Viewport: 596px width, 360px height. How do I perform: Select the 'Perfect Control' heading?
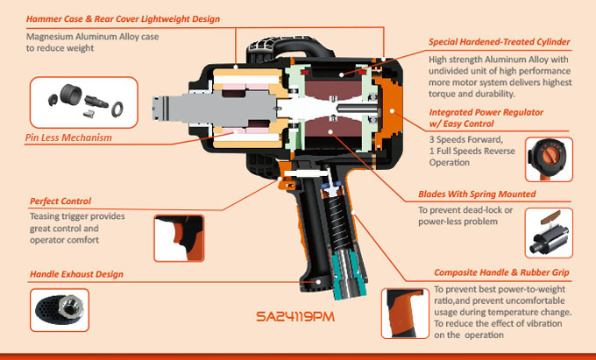(x=60, y=201)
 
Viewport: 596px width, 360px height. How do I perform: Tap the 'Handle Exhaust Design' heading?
(x=75, y=274)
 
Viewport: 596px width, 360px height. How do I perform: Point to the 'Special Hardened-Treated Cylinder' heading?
(x=500, y=42)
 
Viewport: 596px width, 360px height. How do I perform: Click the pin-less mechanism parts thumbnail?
(x=83, y=102)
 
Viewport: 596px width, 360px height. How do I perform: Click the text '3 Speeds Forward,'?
(x=465, y=140)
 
